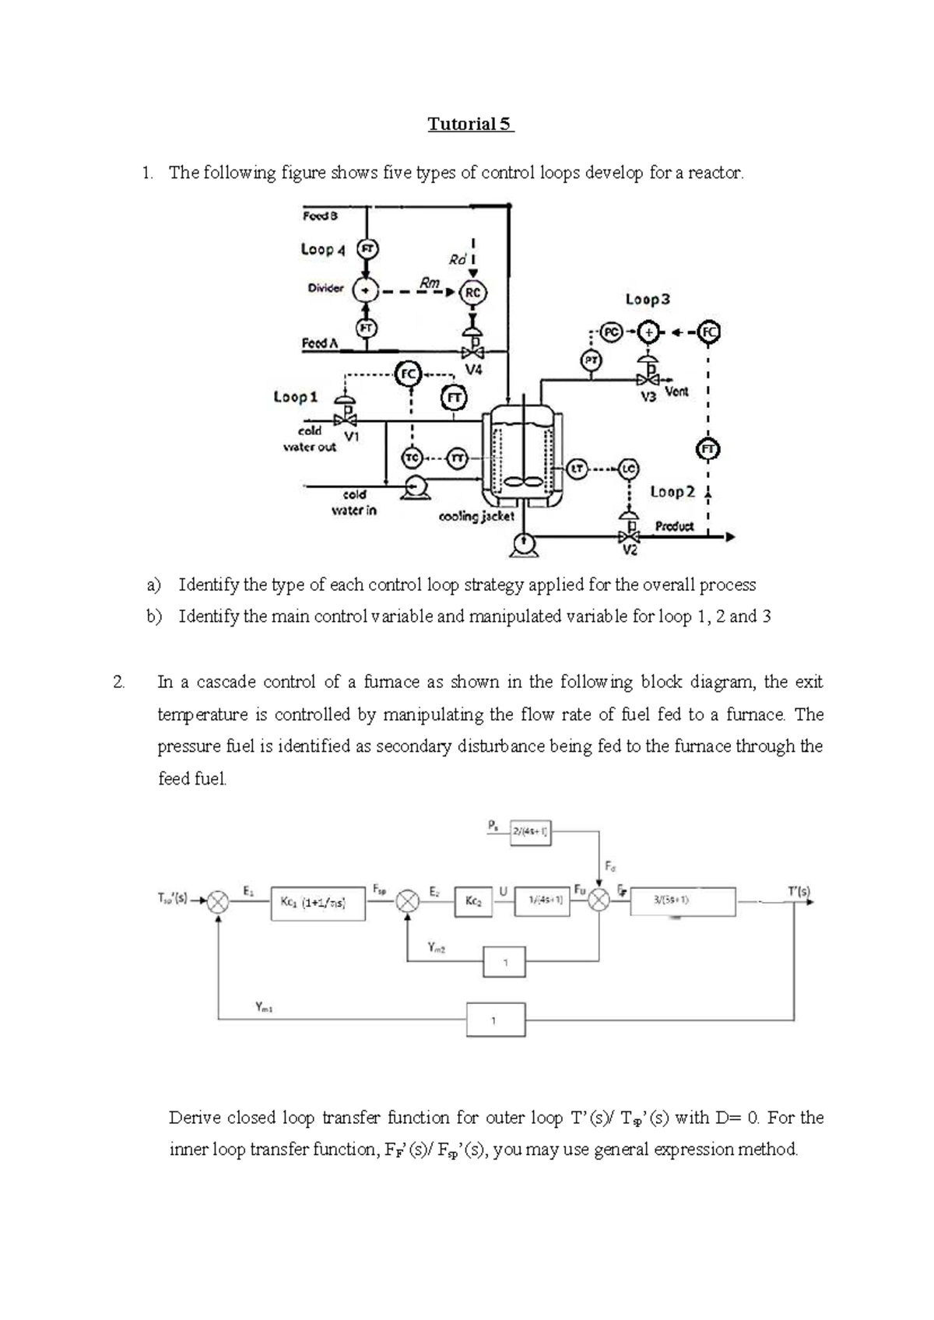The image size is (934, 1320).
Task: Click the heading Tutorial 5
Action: click(471, 124)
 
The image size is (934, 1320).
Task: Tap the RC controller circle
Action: click(472, 293)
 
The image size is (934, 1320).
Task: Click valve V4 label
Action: click(473, 370)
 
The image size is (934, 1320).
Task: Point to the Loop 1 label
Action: click(296, 397)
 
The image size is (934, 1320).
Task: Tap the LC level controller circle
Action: click(629, 469)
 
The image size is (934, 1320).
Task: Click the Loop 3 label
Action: click(648, 300)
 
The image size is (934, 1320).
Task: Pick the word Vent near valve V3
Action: click(676, 391)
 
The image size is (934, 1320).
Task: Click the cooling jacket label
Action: click(476, 516)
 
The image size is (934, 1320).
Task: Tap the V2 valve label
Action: click(630, 551)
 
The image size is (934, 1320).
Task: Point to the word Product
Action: click(674, 526)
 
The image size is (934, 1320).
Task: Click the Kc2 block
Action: click(473, 901)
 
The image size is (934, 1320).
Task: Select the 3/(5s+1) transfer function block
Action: click(672, 901)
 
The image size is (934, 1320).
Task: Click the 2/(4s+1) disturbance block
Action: click(530, 832)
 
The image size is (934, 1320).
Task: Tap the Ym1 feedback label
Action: click(264, 1006)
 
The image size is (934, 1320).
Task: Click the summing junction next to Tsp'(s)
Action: click(219, 901)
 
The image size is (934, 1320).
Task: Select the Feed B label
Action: click(320, 216)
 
